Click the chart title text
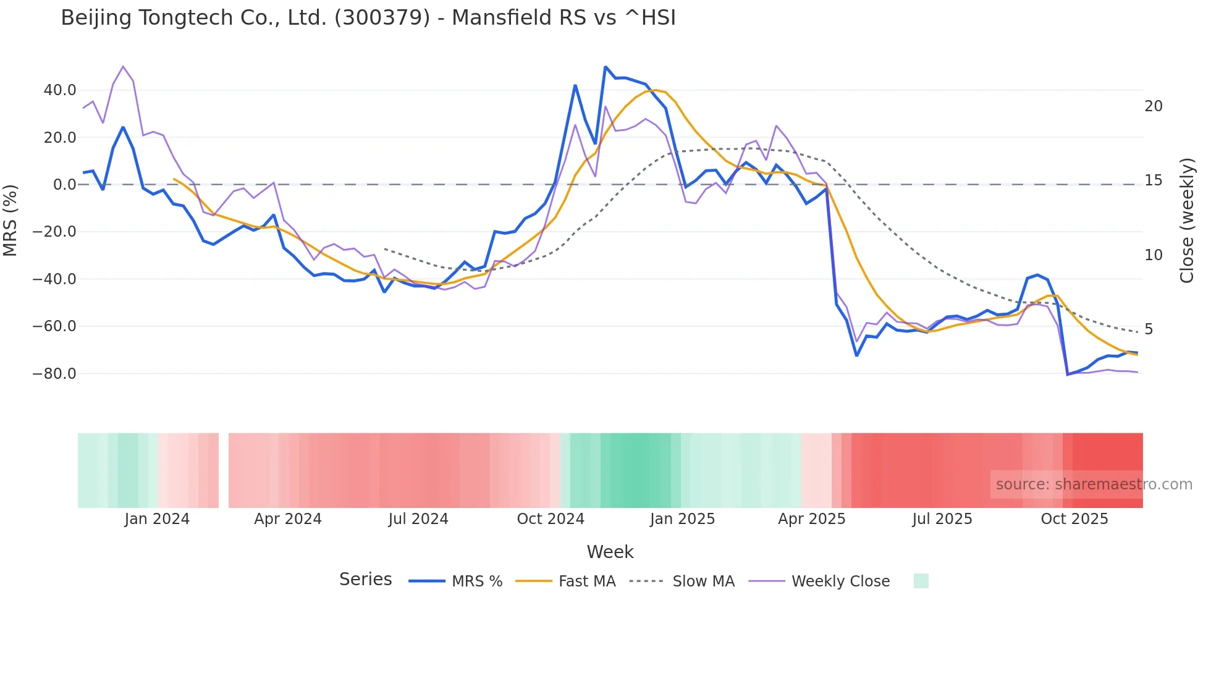(368, 17)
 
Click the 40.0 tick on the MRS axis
(60, 90)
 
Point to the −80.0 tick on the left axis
(54, 374)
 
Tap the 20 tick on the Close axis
(1153, 106)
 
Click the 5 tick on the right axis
(1149, 329)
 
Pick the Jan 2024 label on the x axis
(157, 519)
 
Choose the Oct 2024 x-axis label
(551, 519)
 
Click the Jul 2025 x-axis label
(942, 519)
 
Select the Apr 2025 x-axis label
(811, 519)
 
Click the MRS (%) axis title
(11, 221)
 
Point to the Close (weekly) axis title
(1186, 221)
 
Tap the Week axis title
(610, 552)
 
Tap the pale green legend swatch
(921, 581)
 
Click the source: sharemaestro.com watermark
(1094, 484)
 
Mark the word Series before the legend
(365, 580)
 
